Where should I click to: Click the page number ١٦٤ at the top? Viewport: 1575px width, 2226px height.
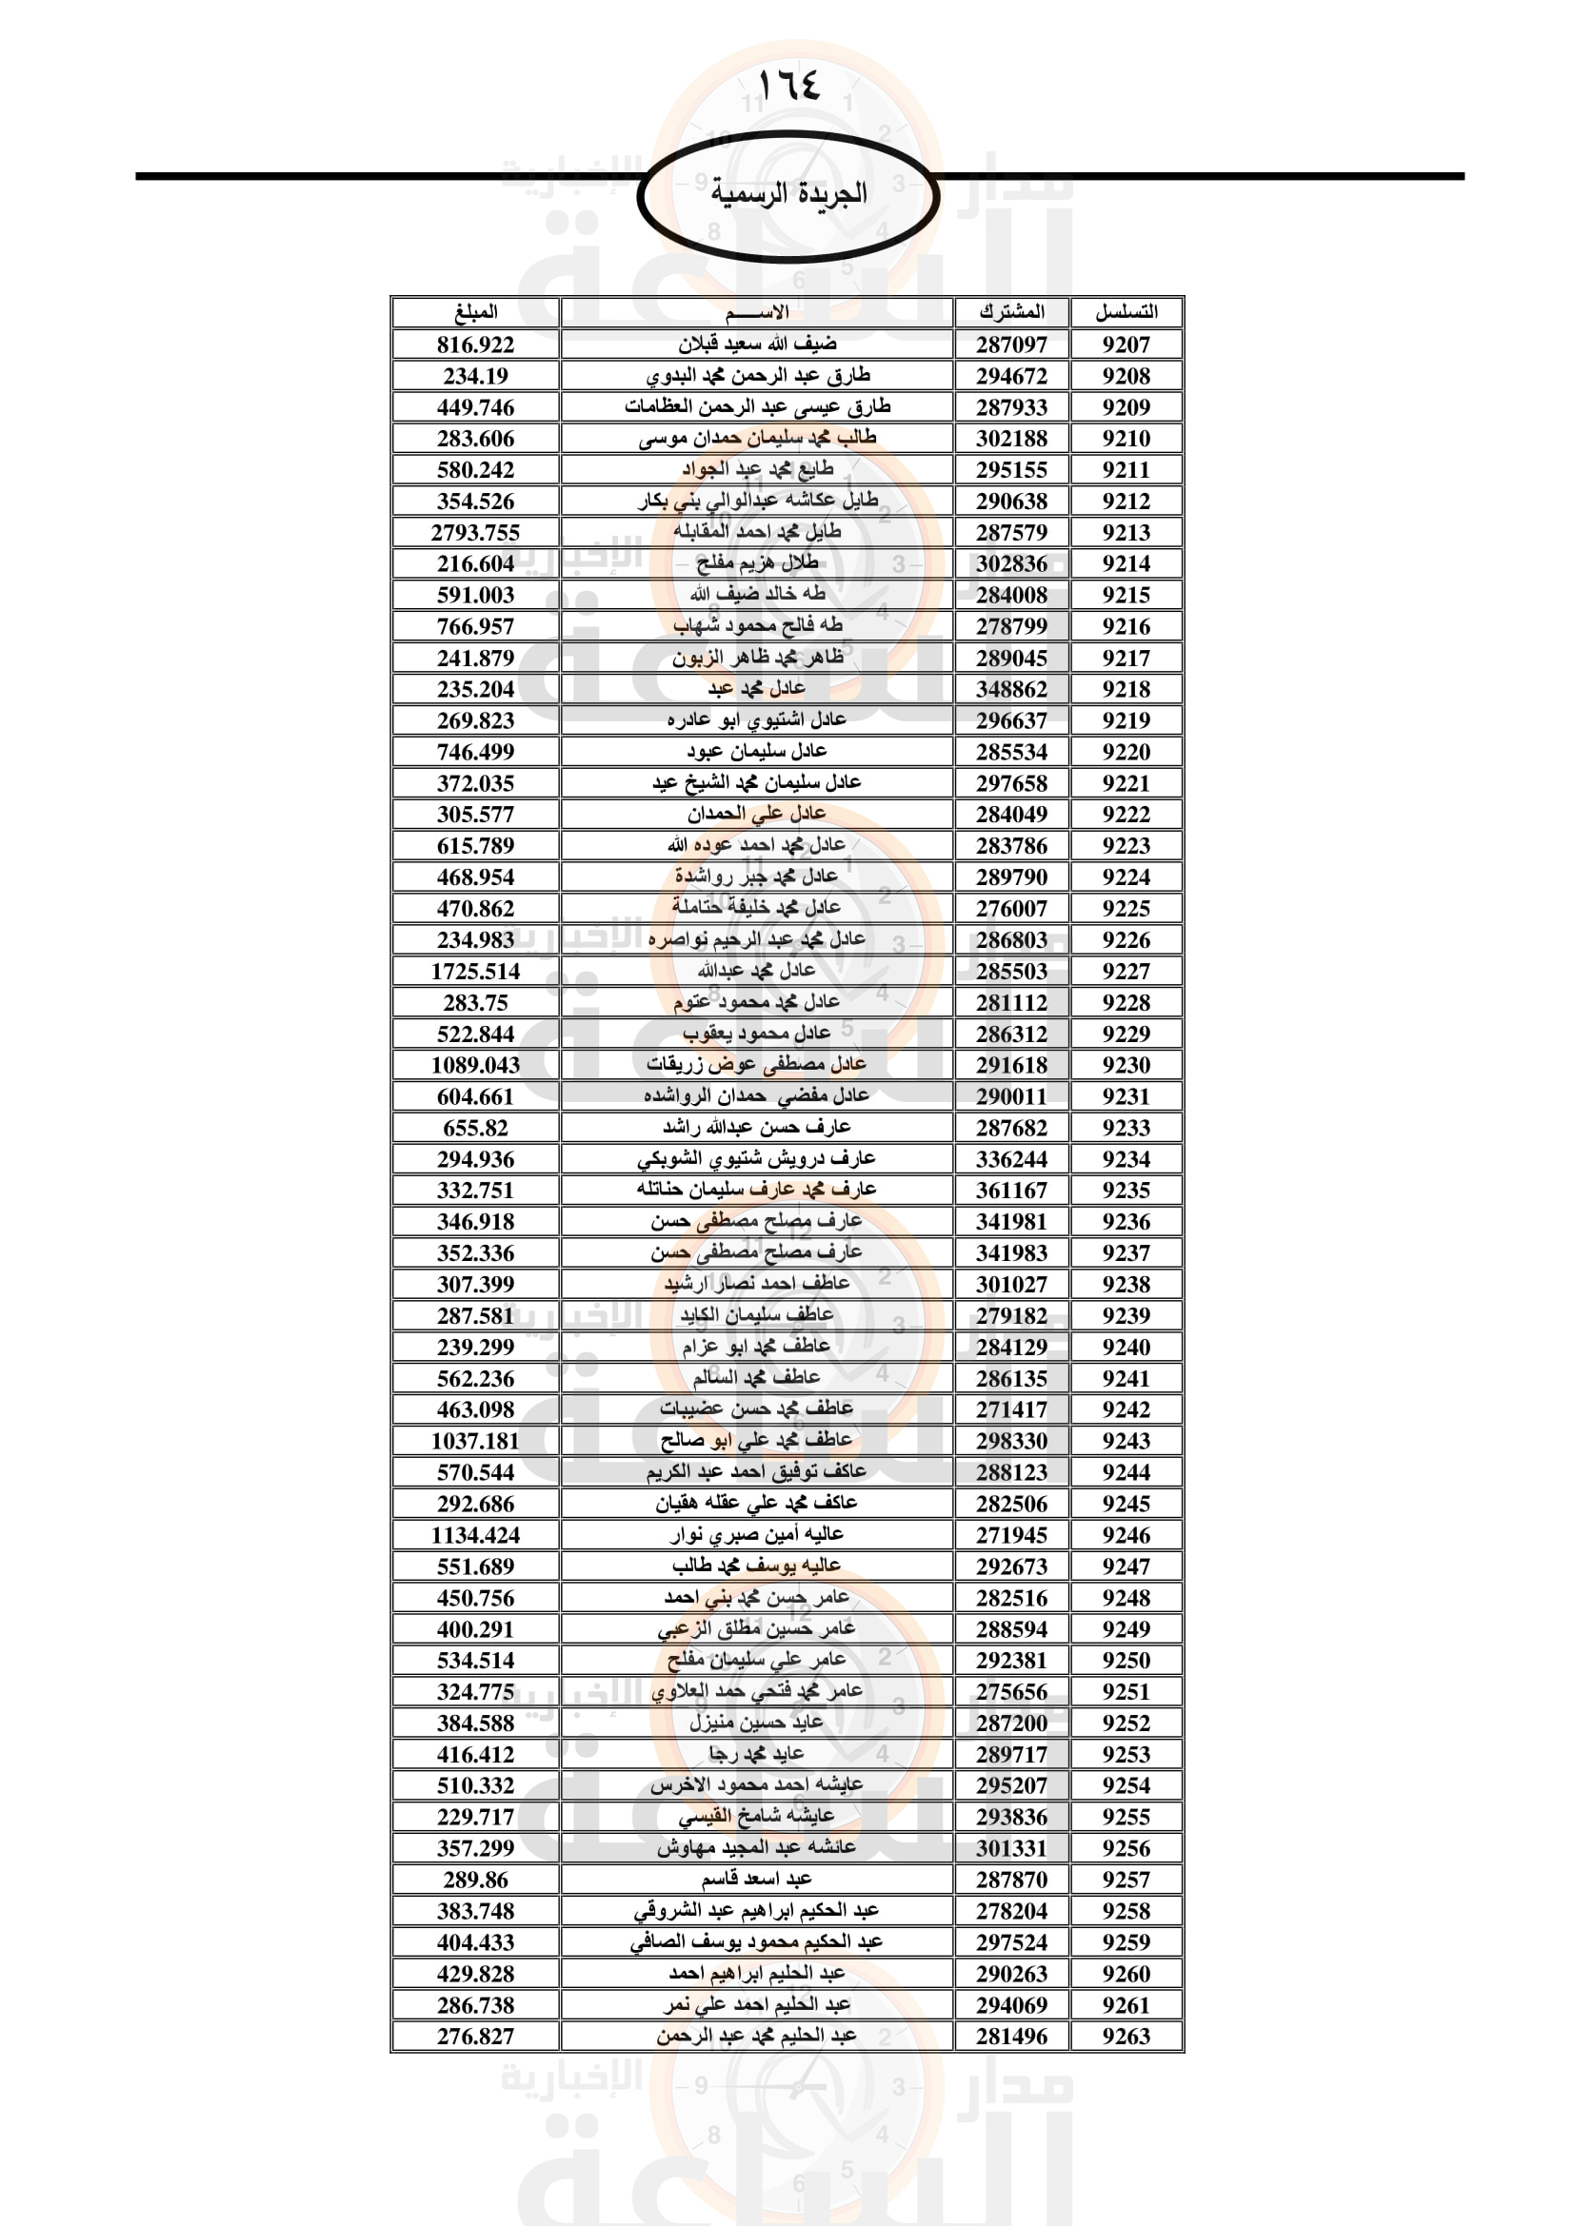click(788, 85)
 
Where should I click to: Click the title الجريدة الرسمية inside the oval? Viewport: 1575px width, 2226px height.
click(788, 193)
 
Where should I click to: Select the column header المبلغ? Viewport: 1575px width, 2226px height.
click(475, 312)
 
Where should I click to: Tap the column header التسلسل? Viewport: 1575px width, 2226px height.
click(1126, 312)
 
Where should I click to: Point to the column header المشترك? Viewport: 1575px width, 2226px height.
click(1011, 312)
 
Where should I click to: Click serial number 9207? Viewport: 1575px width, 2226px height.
click(1126, 345)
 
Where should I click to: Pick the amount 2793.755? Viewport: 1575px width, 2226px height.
click(475, 532)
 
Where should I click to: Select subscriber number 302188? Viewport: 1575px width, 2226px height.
click(1011, 438)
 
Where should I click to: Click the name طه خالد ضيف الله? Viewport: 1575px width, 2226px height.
click(756, 594)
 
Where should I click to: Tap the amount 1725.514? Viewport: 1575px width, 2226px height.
click(475, 972)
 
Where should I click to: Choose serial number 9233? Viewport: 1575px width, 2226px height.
click(1126, 1128)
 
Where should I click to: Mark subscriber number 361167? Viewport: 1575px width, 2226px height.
click(1011, 1191)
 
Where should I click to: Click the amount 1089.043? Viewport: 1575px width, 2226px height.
click(475, 1066)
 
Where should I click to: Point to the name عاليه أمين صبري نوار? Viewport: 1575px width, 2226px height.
click(756, 1535)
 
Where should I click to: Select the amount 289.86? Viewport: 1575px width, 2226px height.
click(475, 1880)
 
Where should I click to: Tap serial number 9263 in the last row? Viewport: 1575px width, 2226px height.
click(1126, 2036)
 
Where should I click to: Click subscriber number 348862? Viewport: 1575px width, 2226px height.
click(1011, 689)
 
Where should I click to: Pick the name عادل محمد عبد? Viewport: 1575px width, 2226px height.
click(756, 688)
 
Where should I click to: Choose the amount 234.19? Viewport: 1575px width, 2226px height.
click(475, 376)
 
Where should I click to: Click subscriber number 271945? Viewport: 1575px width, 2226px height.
click(1011, 1536)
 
